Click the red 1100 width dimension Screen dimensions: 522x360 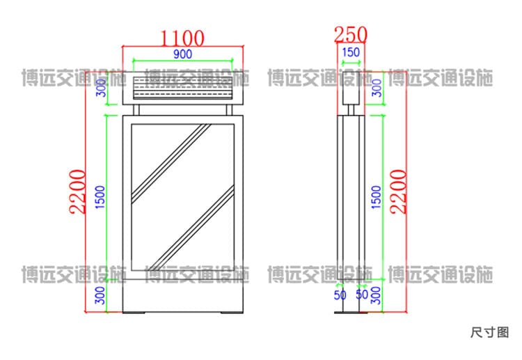[x=182, y=38]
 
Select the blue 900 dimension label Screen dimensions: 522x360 [x=183, y=54]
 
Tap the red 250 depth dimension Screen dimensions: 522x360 [x=351, y=35]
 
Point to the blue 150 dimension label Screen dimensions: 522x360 [x=351, y=52]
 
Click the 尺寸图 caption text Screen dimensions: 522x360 [x=490, y=332]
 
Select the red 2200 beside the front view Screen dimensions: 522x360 [x=77, y=191]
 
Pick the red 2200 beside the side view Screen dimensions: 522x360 [x=399, y=191]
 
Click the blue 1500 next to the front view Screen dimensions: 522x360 [x=100, y=197]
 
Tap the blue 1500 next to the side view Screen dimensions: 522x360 [x=376, y=197]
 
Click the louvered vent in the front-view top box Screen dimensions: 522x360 [x=183, y=88]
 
